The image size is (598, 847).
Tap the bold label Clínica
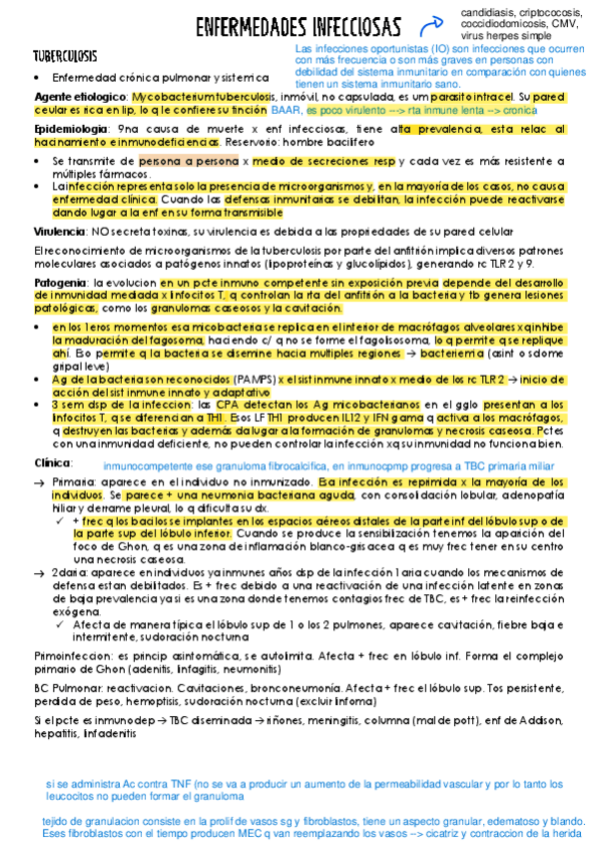(x=53, y=463)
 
